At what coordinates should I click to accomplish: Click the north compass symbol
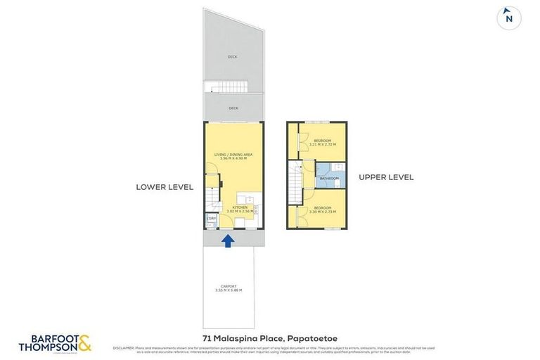pyautogui.click(x=508, y=18)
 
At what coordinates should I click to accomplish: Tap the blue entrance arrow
pyautogui.click(x=228, y=241)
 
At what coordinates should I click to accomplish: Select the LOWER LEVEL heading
pyautogui.click(x=165, y=187)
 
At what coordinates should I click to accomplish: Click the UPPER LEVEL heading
pyautogui.click(x=386, y=177)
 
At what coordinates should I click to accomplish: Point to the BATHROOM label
pyautogui.click(x=329, y=179)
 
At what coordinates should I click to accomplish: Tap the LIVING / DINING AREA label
pyautogui.click(x=233, y=156)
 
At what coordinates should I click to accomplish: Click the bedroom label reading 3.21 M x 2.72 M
pyautogui.click(x=323, y=143)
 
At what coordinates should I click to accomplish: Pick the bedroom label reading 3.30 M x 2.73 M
pyautogui.click(x=323, y=209)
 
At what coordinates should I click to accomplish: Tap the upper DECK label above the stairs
pyautogui.click(x=233, y=57)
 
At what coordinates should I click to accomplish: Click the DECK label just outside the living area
pyautogui.click(x=233, y=108)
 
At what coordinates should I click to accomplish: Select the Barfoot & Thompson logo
pyautogui.click(x=55, y=342)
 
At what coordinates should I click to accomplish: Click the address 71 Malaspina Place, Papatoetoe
pyautogui.click(x=269, y=339)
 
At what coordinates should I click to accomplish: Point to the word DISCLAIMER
pyautogui.click(x=123, y=347)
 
